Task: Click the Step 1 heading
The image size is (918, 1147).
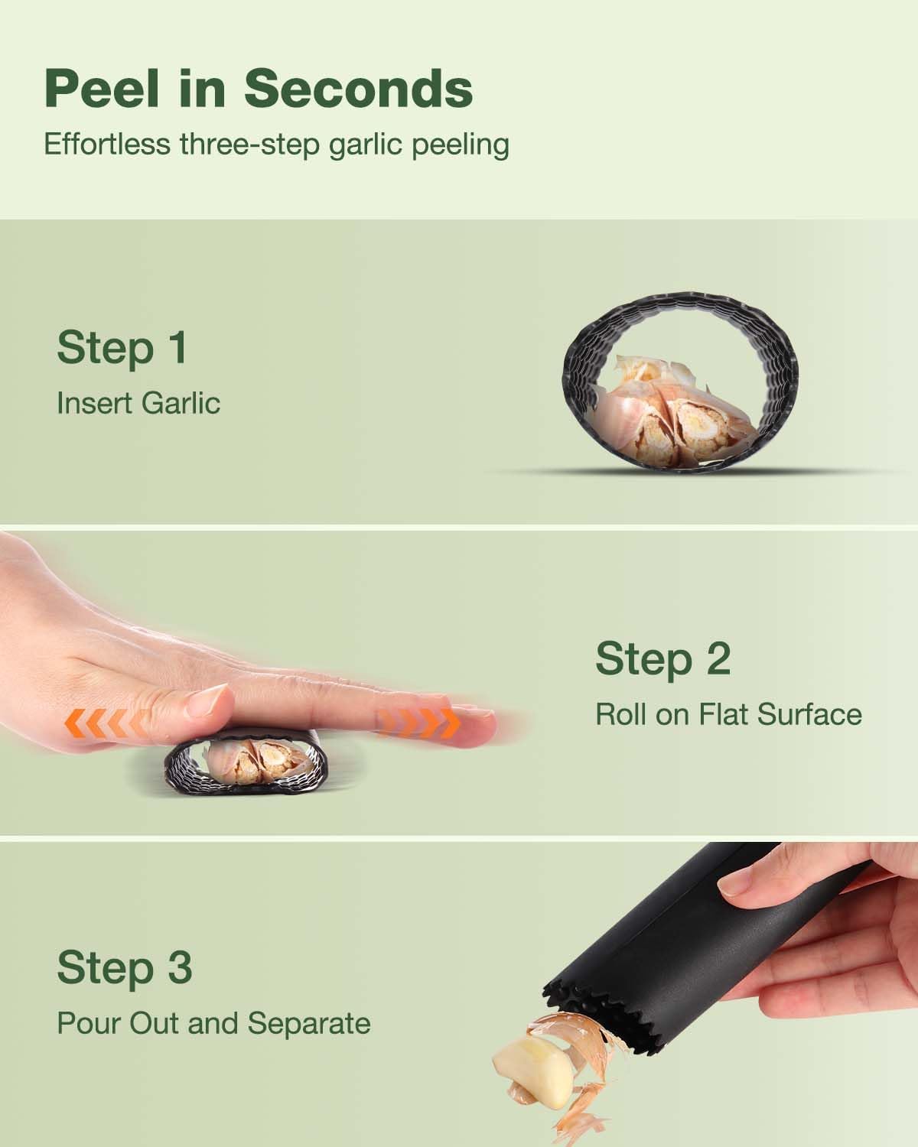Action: tap(122, 348)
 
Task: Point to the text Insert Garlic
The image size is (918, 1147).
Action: tap(138, 403)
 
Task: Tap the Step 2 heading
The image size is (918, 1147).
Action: tap(662, 659)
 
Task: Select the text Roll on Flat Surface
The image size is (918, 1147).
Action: tap(728, 714)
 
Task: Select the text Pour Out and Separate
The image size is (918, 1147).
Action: tap(213, 1023)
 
